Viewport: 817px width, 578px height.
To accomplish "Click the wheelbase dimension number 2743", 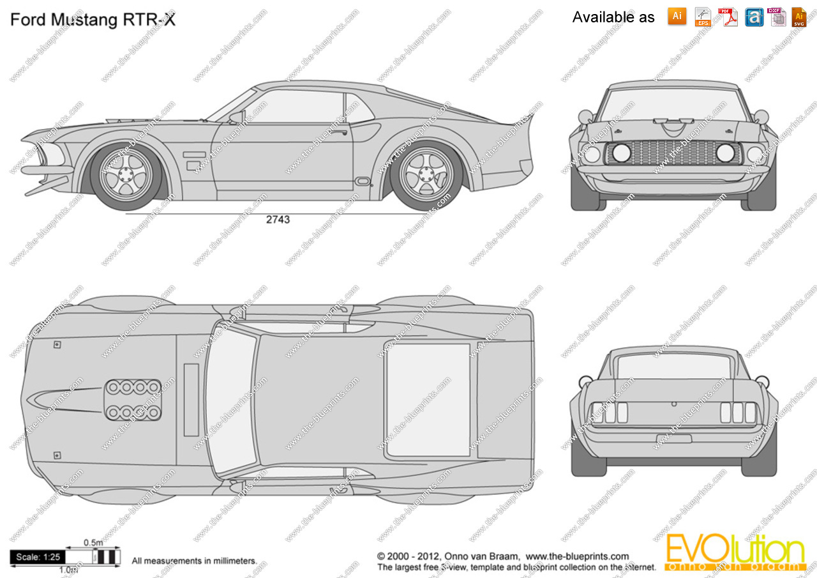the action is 278,220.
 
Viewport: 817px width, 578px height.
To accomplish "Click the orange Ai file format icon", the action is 677,17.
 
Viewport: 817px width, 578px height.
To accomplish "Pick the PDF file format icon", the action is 728,17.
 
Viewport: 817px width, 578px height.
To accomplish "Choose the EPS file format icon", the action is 703,17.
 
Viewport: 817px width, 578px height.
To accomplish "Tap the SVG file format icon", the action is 799,17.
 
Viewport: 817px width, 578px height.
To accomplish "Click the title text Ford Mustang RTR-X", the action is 93,20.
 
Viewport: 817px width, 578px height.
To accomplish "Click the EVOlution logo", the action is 734,552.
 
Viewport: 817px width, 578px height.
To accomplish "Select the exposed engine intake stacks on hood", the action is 133,400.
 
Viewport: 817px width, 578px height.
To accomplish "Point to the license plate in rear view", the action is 673,438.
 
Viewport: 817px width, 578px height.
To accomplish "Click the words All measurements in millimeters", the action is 194,561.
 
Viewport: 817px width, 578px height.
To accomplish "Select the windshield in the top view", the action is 230,400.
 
